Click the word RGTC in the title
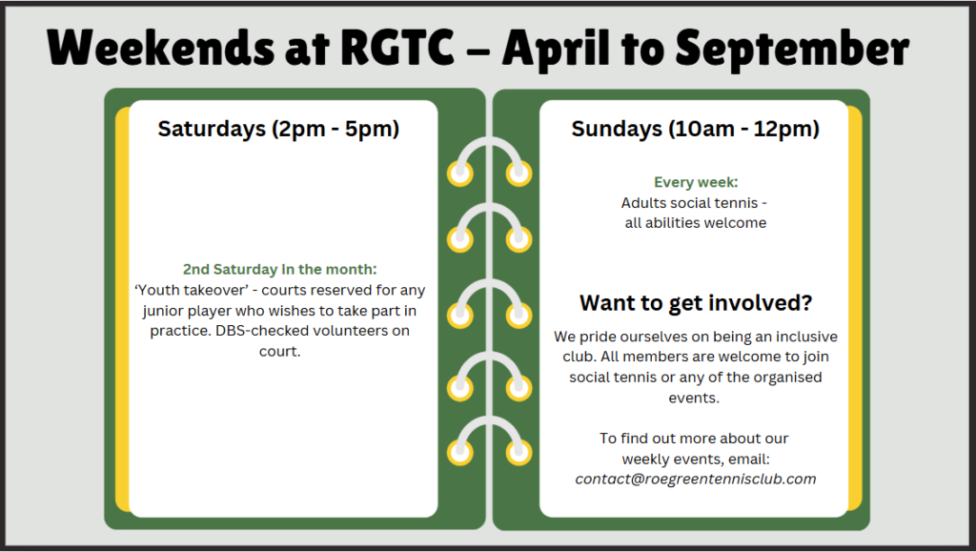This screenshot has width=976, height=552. [397, 47]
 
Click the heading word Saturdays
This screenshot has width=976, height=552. [212, 129]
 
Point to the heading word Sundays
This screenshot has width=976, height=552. [617, 129]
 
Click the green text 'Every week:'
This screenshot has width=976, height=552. [695, 182]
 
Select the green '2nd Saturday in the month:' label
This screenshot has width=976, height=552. [279, 270]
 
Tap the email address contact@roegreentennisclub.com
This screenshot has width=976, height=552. [695, 480]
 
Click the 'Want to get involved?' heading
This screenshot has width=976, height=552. [695, 303]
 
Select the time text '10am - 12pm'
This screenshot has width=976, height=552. [743, 129]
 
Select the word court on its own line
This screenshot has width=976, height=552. [277, 352]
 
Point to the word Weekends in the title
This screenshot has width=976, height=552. [160, 48]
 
